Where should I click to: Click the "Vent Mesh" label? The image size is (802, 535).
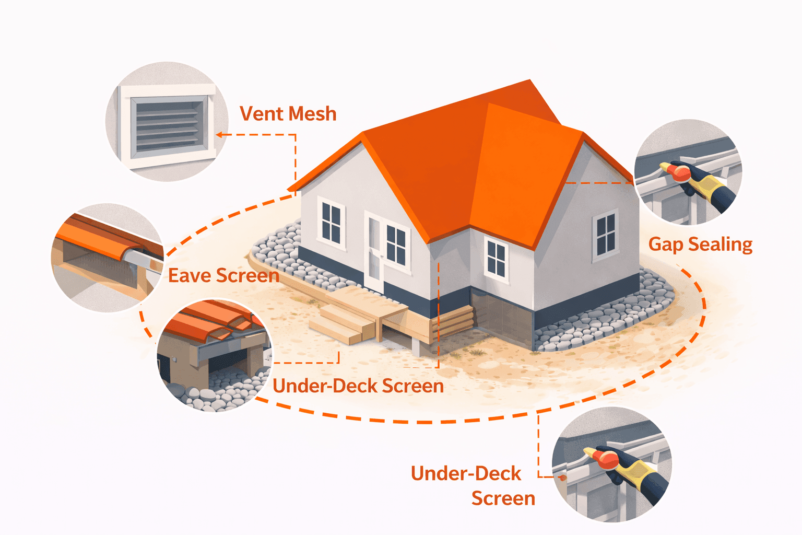pos(288,114)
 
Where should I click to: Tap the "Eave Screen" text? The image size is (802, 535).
pos(223,275)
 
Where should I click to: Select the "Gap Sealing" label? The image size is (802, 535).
pos(700,244)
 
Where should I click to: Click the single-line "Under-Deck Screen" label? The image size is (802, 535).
pos(358,386)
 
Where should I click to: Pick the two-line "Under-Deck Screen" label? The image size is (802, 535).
pos(473,485)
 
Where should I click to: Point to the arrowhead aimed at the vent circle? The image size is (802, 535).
pos(220,135)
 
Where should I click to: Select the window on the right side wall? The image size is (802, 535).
pos(606,235)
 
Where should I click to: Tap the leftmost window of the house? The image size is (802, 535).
pos(331,222)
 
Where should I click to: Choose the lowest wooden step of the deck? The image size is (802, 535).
pos(334,332)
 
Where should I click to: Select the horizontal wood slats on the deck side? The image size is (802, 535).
pos(452,322)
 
